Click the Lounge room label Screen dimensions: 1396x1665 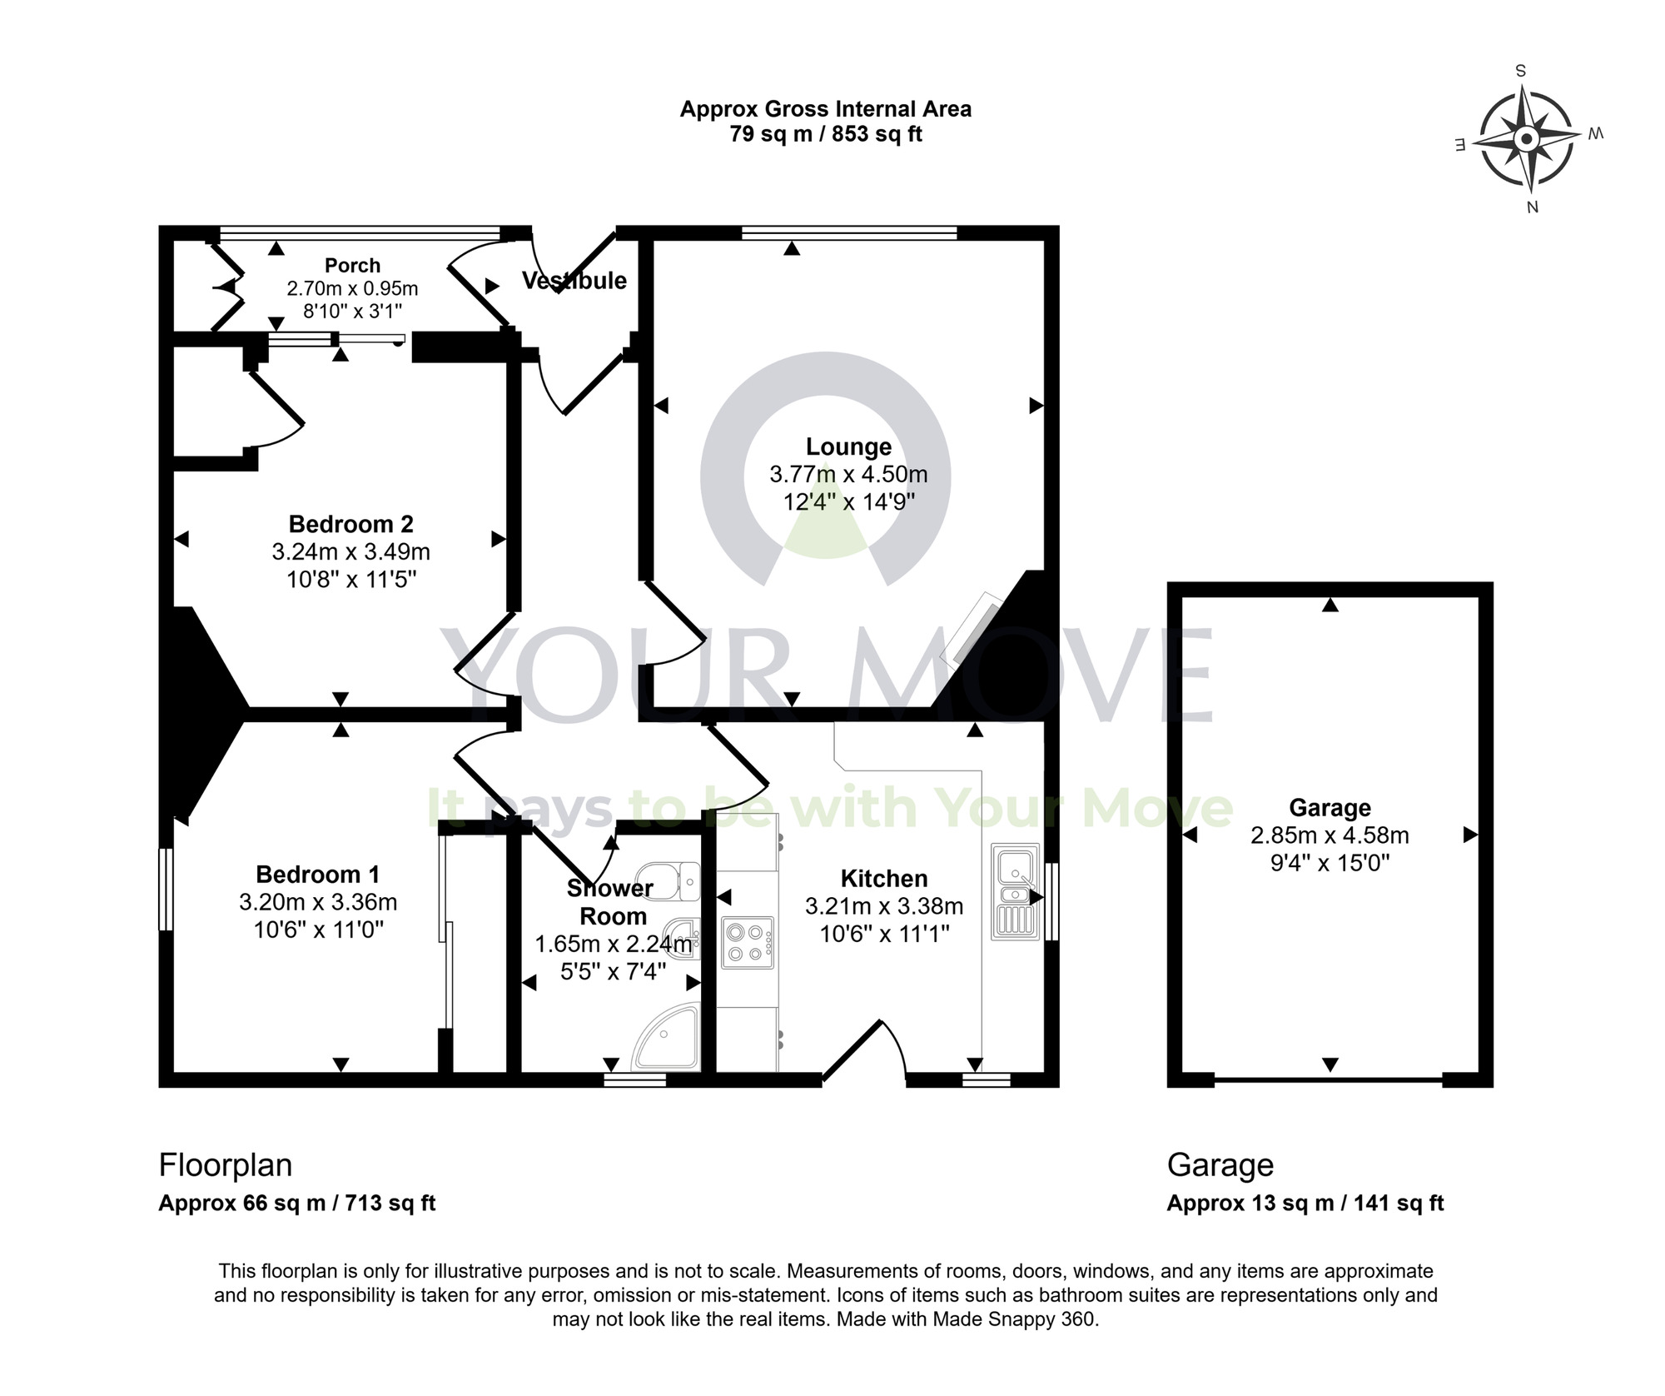pyautogui.click(x=848, y=447)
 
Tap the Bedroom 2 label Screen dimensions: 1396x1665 pyautogui.click(x=350, y=524)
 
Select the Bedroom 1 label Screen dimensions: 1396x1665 pyautogui.click(x=317, y=875)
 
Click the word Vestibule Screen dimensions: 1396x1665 pyautogui.click(x=574, y=281)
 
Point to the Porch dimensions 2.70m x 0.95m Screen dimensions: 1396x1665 pyautogui.click(x=352, y=289)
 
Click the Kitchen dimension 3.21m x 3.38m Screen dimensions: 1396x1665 pyautogui.click(x=884, y=906)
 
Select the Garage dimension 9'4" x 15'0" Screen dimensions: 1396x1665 pyautogui.click(x=1330, y=862)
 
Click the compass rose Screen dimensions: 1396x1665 pyautogui.click(x=1526, y=139)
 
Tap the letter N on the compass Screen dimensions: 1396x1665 pyautogui.click(x=1532, y=207)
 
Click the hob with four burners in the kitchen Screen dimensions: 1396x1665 pyautogui.click(x=747, y=942)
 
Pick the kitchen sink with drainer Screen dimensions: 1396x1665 pyautogui.click(x=1015, y=892)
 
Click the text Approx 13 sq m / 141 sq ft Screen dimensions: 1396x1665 pyautogui.click(x=1305, y=1203)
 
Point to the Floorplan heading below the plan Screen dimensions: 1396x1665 pyautogui.click(x=225, y=1164)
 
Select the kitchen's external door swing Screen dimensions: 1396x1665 pyautogui.click(x=866, y=1053)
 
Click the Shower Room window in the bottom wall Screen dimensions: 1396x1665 pyautogui.click(x=634, y=1080)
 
